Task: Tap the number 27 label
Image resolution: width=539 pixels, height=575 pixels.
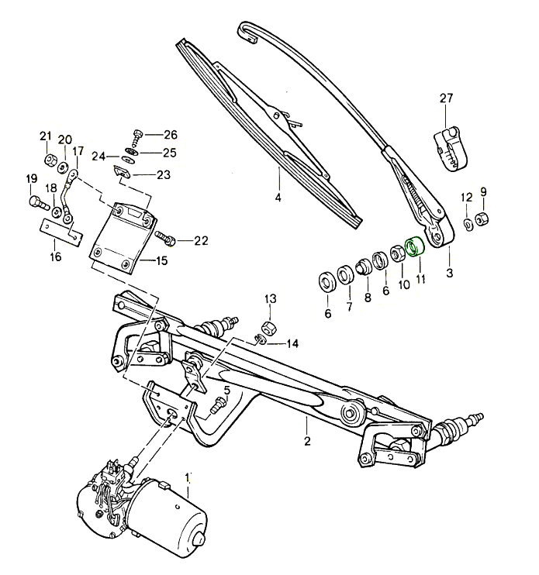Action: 445,98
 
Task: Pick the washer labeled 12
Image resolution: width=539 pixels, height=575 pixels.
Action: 469,224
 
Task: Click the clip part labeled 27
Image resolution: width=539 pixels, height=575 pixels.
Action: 454,147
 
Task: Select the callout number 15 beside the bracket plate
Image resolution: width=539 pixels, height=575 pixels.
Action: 161,261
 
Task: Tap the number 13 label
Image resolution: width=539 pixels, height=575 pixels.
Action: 270,299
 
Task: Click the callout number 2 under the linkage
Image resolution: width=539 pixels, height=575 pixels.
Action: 307,442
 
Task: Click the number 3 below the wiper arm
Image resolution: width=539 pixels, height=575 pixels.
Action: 449,274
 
